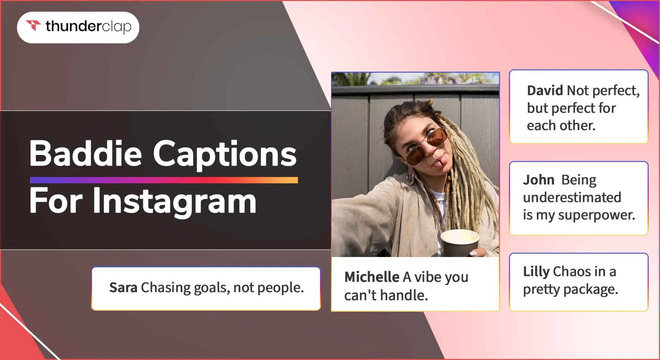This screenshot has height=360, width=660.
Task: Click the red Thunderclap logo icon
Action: pyautogui.click(x=33, y=25)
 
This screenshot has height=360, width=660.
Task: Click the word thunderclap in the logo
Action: pyautogui.click(x=88, y=26)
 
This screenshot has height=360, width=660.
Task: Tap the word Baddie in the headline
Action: pyautogui.click(x=86, y=154)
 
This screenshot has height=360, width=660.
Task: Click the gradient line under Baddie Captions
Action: pyautogui.click(x=164, y=180)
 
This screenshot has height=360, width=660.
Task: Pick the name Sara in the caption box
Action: pyautogui.click(x=123, y=287)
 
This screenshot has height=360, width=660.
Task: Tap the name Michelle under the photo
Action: pyautogui.click(x=372, y=277)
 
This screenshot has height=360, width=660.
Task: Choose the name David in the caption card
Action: pyautogui.click(x=545, y=90)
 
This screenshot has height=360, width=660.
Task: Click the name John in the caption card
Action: pyautogui.click(x=538, y=180)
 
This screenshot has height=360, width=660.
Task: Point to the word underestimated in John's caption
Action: pyautogui.click(x=572, y=198)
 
